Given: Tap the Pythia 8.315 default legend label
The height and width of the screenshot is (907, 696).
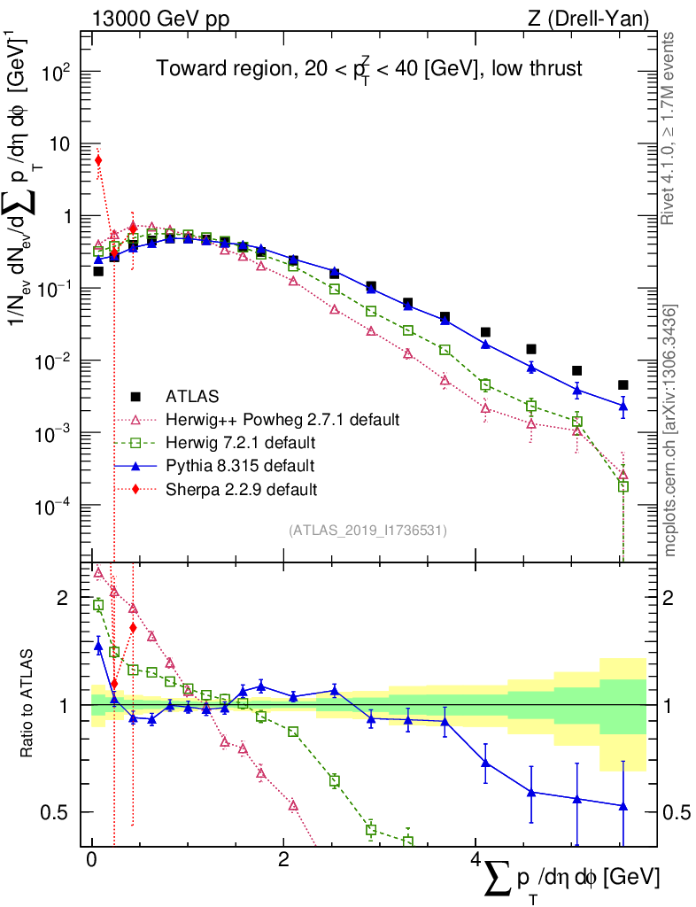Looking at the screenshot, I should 240,465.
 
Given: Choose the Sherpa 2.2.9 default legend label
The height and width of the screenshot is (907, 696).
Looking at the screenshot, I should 242,488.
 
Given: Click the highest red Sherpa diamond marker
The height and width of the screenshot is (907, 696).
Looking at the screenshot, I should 98,160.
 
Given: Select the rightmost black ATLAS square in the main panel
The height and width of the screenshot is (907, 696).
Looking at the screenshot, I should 623,385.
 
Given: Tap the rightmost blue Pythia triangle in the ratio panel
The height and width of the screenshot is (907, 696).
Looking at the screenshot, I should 623,806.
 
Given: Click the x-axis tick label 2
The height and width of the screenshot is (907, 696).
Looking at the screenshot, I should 282,860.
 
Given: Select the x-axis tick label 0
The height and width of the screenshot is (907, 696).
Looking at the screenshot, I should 91,860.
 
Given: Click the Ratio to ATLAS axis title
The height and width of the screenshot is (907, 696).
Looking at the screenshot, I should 27,705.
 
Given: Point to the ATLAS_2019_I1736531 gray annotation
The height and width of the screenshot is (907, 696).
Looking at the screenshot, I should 367,531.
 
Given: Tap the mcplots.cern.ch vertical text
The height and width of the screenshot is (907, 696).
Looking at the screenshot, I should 670,430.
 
